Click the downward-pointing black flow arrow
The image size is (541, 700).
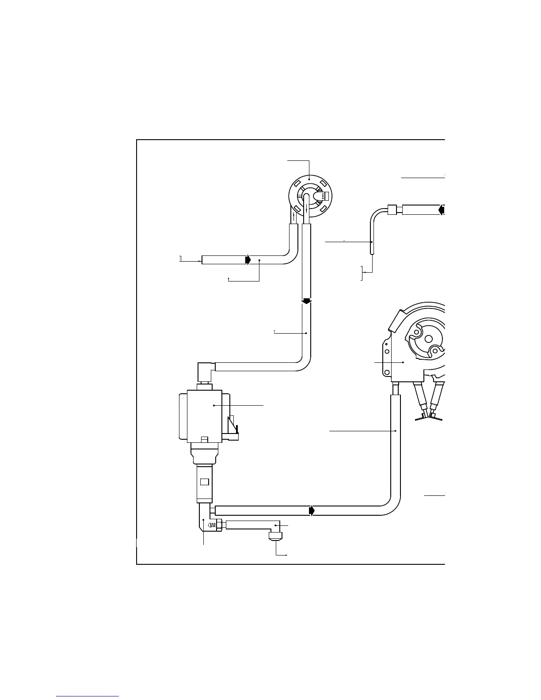coord(307,302)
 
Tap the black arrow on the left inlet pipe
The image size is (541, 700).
coord(248,260)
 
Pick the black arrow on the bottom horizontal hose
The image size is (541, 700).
coord(312,511)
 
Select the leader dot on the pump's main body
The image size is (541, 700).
coord(214,405)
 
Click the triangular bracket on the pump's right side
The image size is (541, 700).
coord(233,425)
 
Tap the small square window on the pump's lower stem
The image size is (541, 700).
coord(204,481)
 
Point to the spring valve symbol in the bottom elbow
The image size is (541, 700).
coord(212,525)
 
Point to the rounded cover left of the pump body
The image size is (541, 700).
coord(182,415)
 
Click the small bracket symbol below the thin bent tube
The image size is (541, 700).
coord(362,273)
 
